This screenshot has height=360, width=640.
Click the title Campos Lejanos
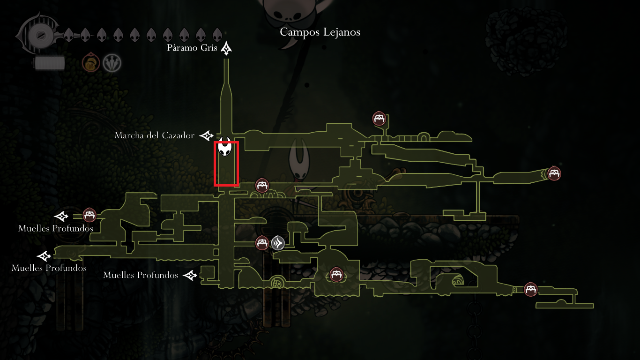click(x=320, y=32)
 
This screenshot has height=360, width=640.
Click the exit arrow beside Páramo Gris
click(x=227, y=48)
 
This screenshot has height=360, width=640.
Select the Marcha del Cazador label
click(x=154, y=135)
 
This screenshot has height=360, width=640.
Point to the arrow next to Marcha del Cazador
click(x=206, y=136)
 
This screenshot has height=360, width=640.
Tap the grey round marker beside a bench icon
click(x=278, y=243)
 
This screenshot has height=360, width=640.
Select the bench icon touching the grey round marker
click(x=262, y=242)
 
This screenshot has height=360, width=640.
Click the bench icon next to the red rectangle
click(x=262, y=185)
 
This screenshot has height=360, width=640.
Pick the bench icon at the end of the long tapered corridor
click(x=554, y=173)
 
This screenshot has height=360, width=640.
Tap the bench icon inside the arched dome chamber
click(x=336, y=274)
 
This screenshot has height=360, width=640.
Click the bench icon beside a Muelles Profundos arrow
click(x=89, y=215)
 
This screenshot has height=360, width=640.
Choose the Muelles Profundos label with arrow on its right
click(x=140, y=275)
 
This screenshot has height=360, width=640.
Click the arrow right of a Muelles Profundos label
click(x=190, y=275)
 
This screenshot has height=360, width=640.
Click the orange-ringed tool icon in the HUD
click(x=91, y=63)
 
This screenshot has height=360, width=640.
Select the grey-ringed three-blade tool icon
click(x=112, y=63)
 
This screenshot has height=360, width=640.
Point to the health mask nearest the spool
click(x=68, y=34)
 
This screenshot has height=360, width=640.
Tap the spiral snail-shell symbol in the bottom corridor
click(x=277, y=283)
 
